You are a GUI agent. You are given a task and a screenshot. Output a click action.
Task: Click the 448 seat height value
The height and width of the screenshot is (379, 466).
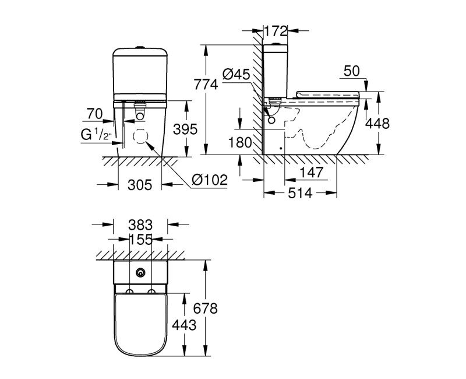click(377, 124)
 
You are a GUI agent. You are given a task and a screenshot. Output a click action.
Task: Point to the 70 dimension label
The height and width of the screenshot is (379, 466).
click(95, 113)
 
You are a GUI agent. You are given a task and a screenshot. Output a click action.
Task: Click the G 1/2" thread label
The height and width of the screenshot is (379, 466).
click(95, 136)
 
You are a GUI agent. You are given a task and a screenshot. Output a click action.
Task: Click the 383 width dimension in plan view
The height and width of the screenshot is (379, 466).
click(140, 224)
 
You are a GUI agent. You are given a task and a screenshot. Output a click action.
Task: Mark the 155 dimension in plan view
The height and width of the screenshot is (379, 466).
click(140, 238)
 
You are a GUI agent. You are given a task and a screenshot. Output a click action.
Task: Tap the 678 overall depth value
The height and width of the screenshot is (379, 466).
click(205, 308)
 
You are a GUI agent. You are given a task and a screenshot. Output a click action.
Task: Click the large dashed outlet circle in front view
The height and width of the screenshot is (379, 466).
click(140, 138)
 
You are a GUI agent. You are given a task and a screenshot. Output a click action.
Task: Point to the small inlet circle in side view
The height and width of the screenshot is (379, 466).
click(272, 121)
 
